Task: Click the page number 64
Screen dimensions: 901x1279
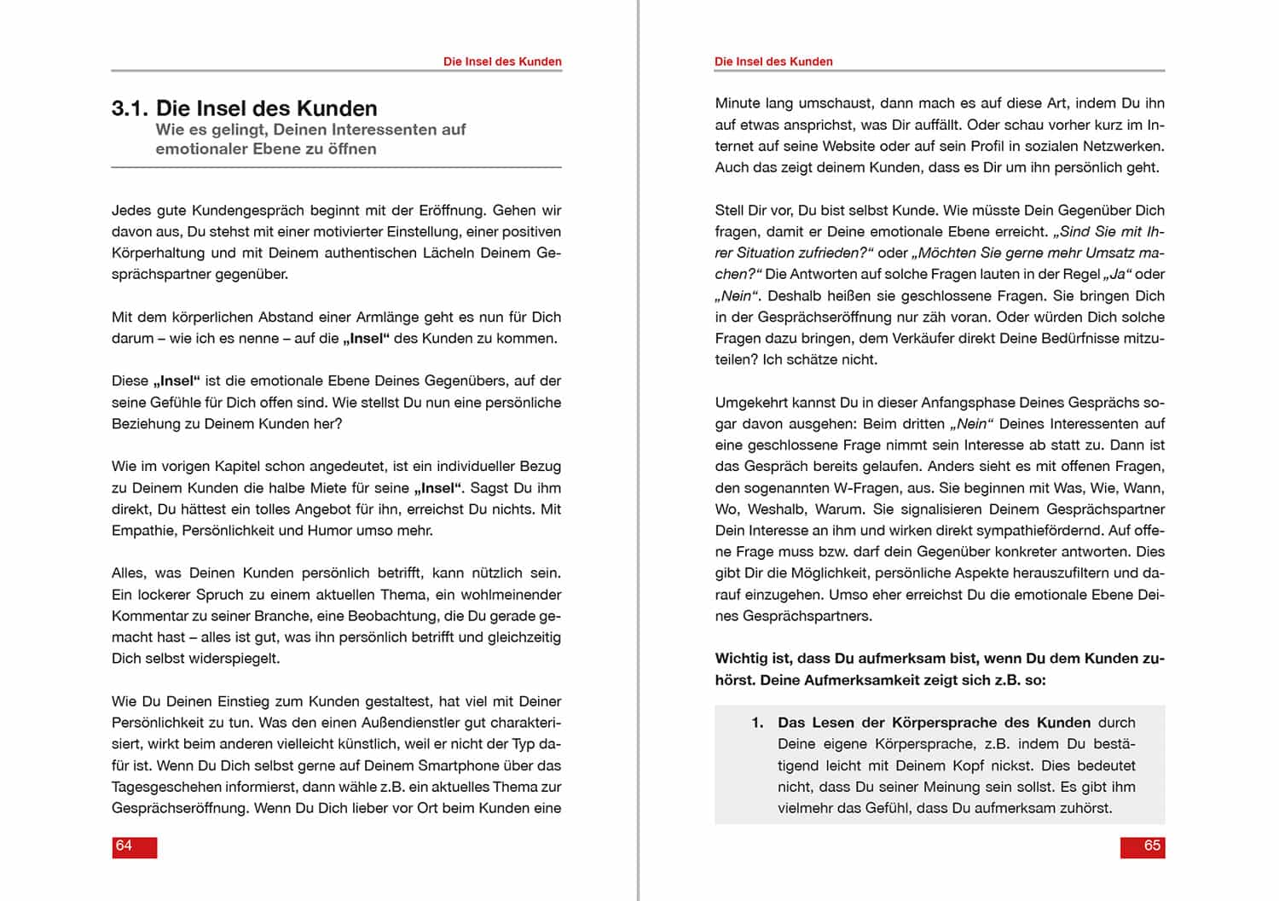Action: point(124,846)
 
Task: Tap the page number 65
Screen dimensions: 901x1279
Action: point(1152,846)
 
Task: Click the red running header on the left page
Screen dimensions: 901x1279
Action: point(502,61)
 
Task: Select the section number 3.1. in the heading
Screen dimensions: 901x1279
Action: point(130,108)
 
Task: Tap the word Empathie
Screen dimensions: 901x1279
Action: point(145,531)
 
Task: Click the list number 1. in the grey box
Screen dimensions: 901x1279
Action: point(757,723)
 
